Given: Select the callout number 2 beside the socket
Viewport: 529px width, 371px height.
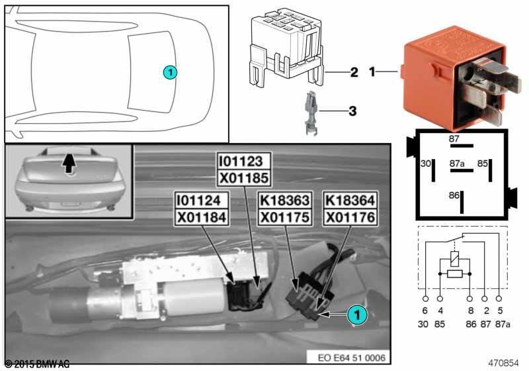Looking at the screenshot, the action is [354, 72].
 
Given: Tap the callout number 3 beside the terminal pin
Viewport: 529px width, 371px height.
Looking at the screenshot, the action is [352, 111].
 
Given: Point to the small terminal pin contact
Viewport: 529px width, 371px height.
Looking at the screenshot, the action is [311, 113].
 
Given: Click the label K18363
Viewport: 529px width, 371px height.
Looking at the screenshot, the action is [285, 200].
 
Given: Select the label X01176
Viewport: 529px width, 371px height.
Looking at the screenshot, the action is [350, 217].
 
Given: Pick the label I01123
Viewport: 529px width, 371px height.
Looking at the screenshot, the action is [243, 162].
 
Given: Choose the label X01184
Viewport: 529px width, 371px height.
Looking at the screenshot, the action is [202, 217].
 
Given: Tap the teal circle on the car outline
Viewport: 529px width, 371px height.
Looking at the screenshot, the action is [170, 72].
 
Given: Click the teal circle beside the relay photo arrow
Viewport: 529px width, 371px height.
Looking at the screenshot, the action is [357, 315].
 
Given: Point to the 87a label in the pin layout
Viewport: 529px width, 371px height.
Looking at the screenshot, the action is [457, 164].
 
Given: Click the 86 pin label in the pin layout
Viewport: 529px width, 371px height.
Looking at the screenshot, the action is [454, 195].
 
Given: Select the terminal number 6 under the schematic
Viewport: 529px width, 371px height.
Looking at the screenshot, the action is [425, 311].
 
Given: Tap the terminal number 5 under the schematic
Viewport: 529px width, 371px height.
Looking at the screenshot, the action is [501, 311].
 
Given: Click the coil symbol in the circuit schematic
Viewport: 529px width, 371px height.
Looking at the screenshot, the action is [455, 260].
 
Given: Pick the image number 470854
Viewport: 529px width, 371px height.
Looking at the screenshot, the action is [503, 363].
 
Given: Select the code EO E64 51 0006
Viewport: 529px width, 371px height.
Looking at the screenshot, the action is [351, 358].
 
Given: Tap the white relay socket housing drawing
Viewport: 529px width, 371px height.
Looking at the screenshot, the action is [287, 47].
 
